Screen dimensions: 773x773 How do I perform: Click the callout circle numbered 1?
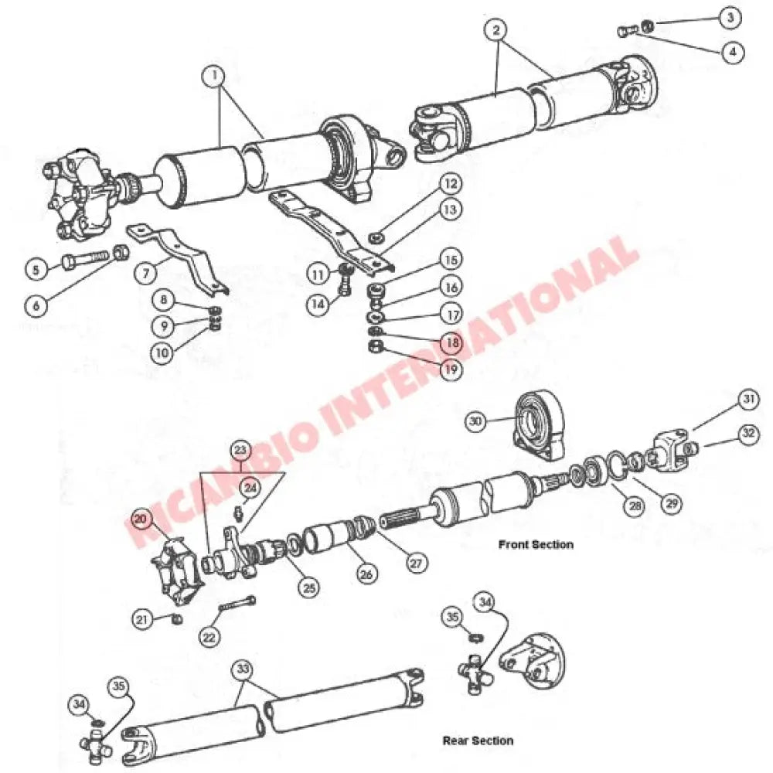pyautogui.click(x=213, y=76)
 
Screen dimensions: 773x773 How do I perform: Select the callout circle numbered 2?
pyautogui.click(x=495, y=31)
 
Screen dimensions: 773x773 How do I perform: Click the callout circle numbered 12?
pyautogui.click(x=451, y=184)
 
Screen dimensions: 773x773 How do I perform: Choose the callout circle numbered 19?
pyautogui.click(x=451, y=370)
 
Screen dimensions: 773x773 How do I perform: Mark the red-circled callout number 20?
pyautogui.click(x=140, y=519)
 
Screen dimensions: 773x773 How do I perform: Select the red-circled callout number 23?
pyautogui.click(x=242, y=450)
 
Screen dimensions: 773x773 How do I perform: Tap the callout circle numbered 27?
pyautogui.click(x=417, y=564)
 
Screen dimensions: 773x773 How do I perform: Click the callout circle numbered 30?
pyautogui.click(x=476, y=421)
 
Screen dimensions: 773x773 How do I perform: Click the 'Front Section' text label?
pyautogui.click(x=536, y=544)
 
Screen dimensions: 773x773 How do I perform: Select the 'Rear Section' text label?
pyautogui.click(x=477, y=741)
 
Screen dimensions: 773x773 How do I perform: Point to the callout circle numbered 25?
pyautogui.click(x=310, y=587)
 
